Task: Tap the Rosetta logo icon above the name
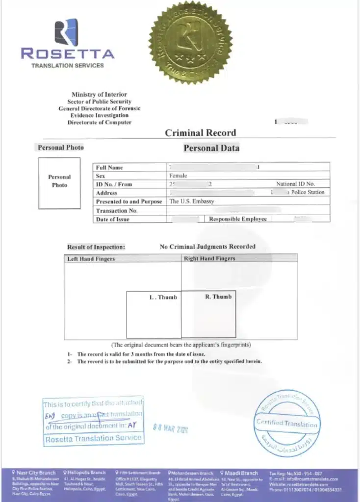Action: tap(67, 32)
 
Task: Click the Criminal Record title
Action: tap(200, 132)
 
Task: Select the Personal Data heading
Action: tap(211, 148)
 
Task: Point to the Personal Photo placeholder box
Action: tap(59, 183)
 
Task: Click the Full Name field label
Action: tap(109, 168)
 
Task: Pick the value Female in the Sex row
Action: tap(178, 176)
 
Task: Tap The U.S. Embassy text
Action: tap(192, 201)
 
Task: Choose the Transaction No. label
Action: tap(116, 210)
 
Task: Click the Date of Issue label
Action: tap(112, 219)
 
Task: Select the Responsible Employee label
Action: tap(238, 219)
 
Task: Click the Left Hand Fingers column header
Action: tap(91, 258)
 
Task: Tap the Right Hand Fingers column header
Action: tap(209, 258)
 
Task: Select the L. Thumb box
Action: tap(154, 315)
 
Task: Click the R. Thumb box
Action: tap(209, 315)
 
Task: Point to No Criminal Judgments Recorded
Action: tap(207, 247)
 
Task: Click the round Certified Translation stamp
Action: tap(287, 423)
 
